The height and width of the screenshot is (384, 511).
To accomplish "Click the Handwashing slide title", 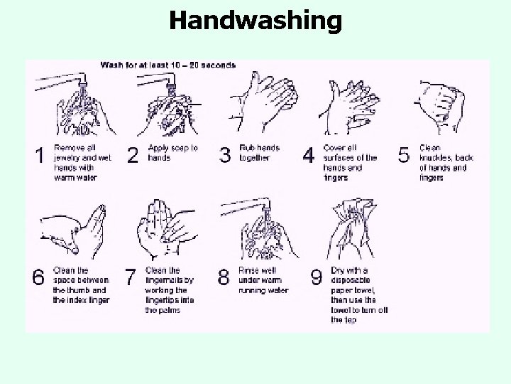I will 255,21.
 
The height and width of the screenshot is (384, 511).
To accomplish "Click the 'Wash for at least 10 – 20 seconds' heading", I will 168,65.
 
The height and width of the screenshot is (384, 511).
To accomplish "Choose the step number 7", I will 130,277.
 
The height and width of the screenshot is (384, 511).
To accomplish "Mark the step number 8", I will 224,277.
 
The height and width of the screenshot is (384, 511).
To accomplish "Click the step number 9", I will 317,277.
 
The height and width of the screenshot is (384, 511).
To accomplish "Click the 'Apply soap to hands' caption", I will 172,153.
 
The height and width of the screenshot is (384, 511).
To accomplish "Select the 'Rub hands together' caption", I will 260,153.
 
